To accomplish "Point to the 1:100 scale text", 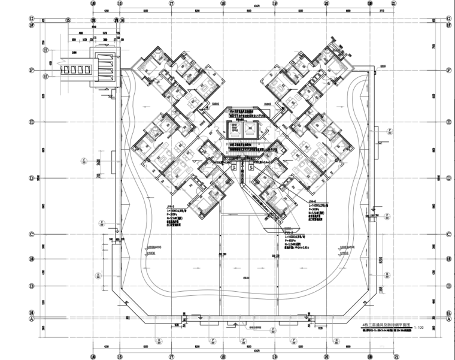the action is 418,328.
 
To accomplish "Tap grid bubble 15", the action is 68,20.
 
